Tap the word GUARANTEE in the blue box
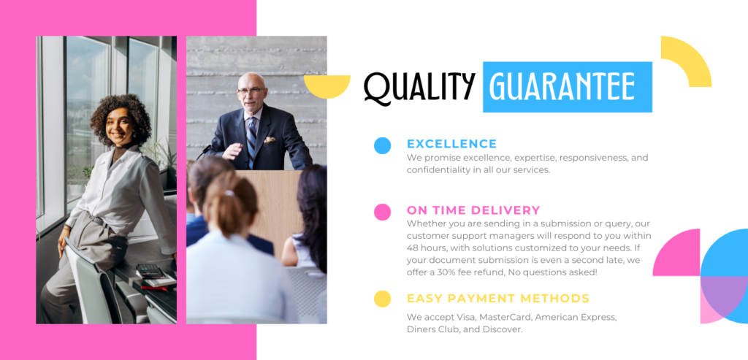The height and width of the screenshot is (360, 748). [x=562, y=87]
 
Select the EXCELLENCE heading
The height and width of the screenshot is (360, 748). [x=451, y=144]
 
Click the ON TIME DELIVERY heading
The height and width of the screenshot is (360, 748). [x=473, y=210]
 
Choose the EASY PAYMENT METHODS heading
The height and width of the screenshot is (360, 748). [x=498, y=299]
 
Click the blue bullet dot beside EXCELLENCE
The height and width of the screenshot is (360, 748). [x=382, y=145]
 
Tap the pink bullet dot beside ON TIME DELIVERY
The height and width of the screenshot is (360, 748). [x=382, y=212]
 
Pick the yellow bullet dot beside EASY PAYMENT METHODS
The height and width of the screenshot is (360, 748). [x=382, y=299]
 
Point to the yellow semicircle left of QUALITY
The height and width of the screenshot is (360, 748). [x=327, y=86]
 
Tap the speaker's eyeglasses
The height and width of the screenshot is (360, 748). [x=250, y=90]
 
